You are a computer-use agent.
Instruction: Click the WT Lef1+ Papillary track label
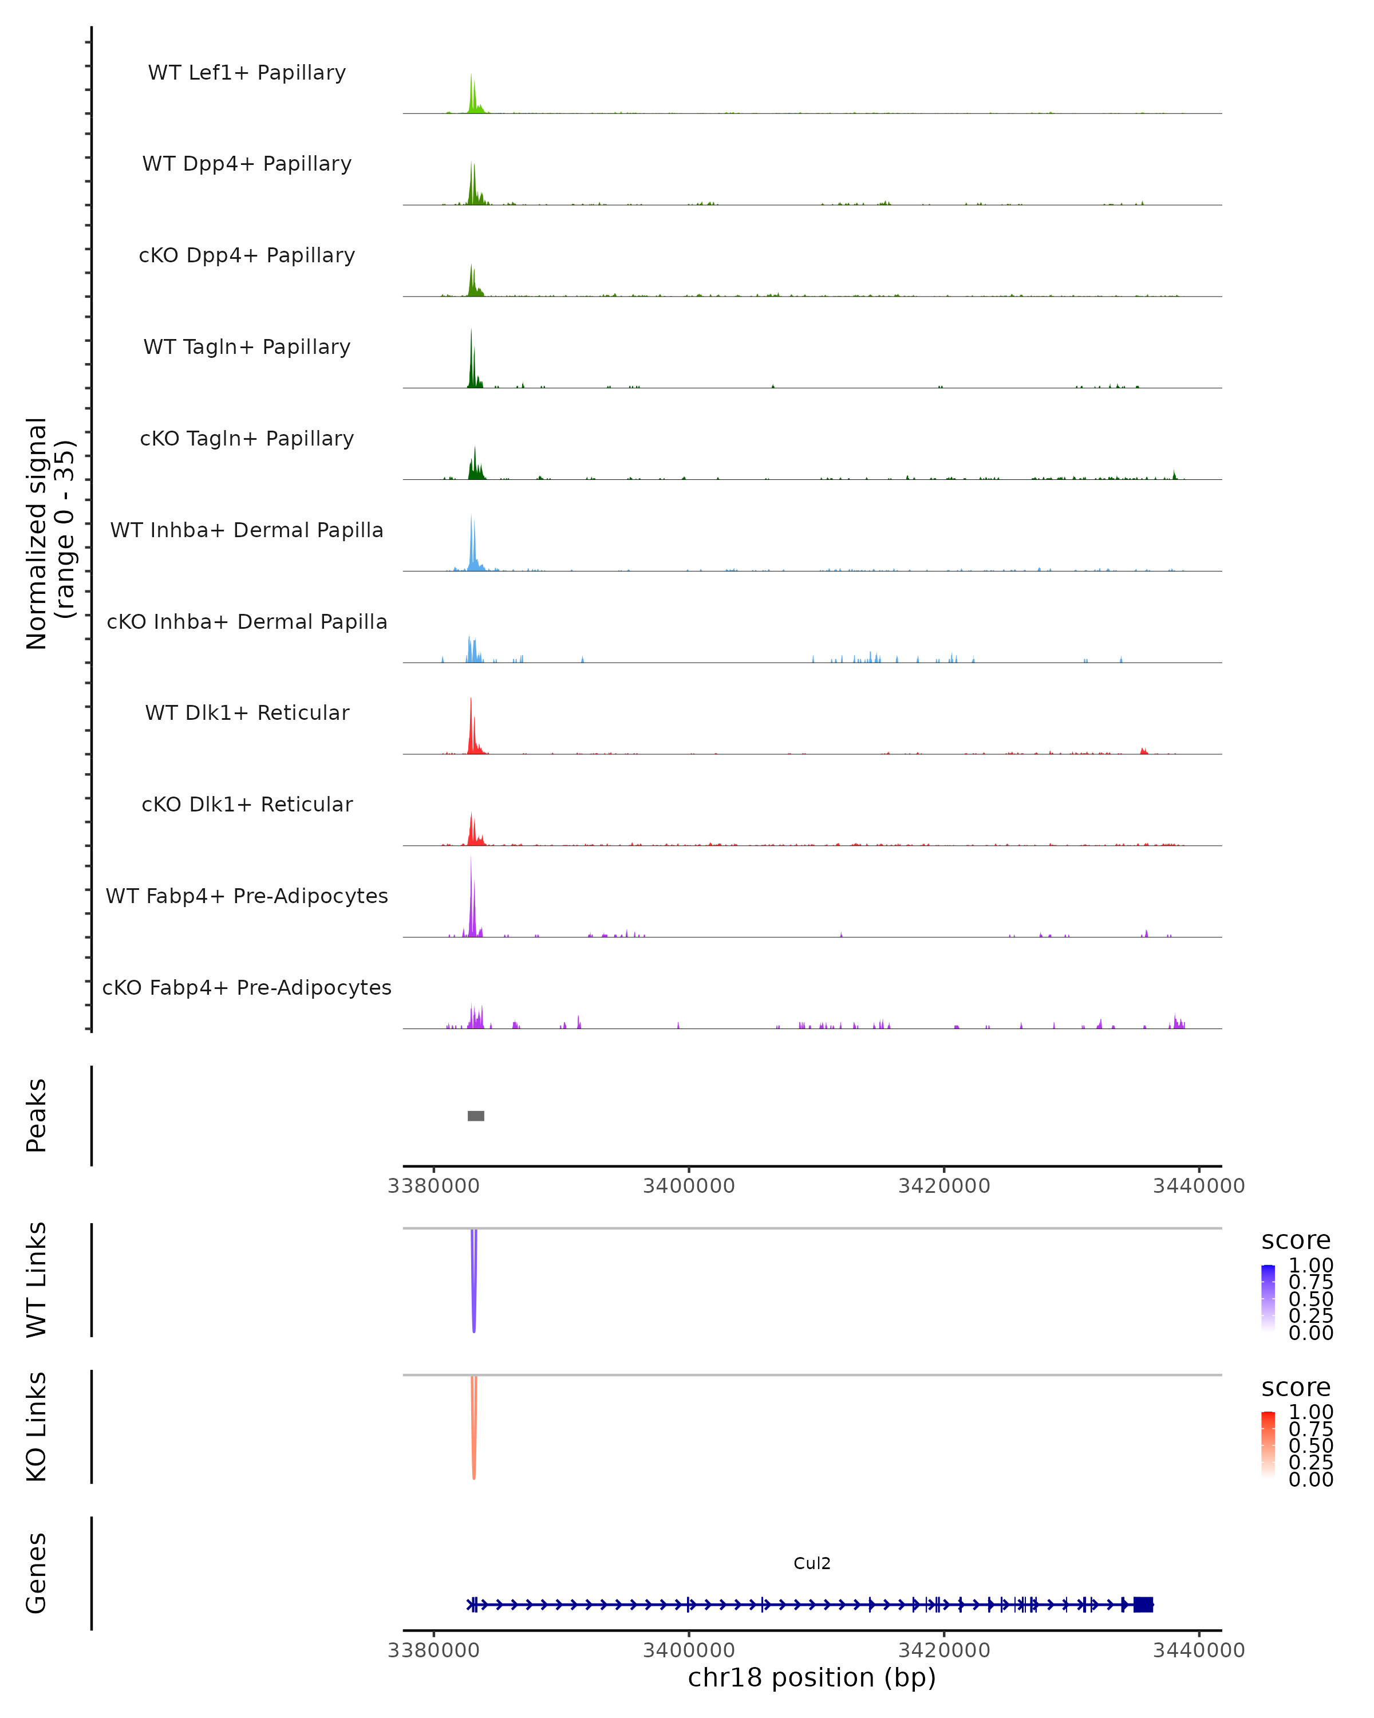[x=247, y=73]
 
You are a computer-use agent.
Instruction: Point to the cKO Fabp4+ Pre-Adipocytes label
[x=247, y=987]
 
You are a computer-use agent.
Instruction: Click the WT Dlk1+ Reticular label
[x=247, y=712]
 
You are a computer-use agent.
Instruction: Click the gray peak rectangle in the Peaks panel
[x=476, y=1116]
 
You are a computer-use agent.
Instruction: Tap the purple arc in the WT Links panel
[x=474, y=1283]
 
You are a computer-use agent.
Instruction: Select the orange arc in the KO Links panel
[x=474, y=1431]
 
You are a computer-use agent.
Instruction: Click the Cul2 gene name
[x=812, y=1563]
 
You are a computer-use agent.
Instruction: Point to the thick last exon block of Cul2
[x=1143, y=1604]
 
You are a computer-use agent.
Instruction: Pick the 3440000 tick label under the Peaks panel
[x=1199, y=1186]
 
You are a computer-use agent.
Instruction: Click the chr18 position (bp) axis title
[x=812, y=1678]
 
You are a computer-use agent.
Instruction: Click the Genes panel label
[x=37, y=1573]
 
